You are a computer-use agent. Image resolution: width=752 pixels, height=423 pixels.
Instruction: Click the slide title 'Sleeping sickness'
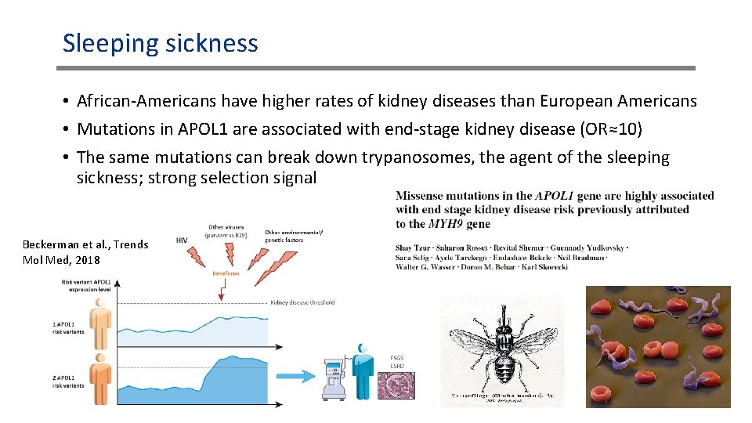pyautogui.click(x=161, y=43)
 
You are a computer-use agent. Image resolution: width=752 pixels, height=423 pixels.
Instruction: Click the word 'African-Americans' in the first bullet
pyautogui.click(x=146, y=102)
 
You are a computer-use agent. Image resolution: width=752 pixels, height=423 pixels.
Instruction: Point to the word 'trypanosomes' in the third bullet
pyautogui.click(x=418, y=157)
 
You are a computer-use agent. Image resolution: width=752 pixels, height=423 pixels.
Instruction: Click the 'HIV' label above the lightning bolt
pyautogui.click(x=182, y=240)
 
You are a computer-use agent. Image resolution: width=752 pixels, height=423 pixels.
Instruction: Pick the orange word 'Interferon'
pyautogui.click(x=226, y=274)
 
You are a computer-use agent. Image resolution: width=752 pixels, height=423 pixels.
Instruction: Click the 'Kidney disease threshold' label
pyautogui.click(x=302, y=302)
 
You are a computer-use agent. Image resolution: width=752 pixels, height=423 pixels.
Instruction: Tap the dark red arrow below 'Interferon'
pyautogui.click(x=224, y=290)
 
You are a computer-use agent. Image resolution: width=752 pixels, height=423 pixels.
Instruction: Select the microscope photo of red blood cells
pyautogui.click(x=658, y=346)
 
